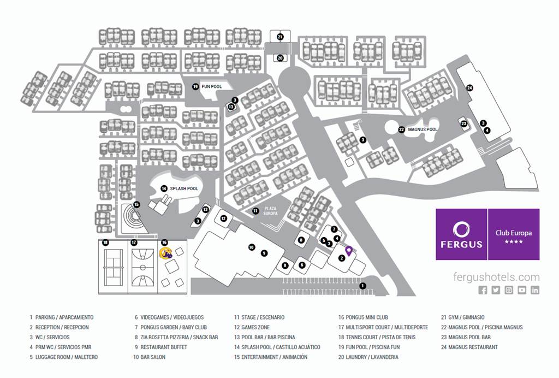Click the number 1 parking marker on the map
362,285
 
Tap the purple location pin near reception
349,251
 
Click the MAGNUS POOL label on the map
423,129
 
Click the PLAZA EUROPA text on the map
271,211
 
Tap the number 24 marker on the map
469,87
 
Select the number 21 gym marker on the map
280,37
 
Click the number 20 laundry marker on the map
280,58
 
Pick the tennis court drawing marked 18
113,267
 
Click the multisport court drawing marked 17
142,267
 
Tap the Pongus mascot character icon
166,252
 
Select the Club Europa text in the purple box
513,233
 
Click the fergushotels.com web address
496,277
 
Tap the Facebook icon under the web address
483,290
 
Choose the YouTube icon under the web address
522,290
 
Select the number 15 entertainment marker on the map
136,204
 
